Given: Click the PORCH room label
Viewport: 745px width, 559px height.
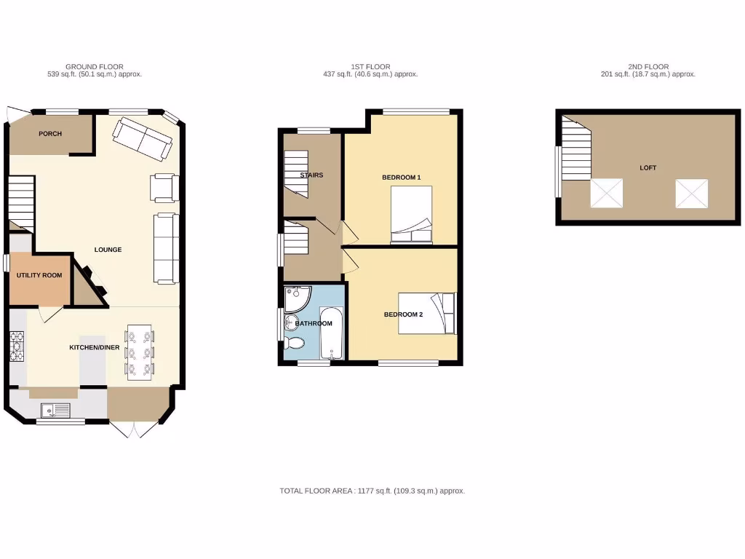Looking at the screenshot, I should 50,134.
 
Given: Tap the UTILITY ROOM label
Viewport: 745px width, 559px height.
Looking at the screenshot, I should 39,276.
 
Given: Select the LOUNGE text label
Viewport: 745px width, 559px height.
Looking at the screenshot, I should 108,250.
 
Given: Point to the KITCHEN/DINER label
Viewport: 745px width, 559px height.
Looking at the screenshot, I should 95,348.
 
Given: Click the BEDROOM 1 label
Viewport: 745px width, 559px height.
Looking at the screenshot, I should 402,178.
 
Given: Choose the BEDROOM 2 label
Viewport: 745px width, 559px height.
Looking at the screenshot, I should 403,314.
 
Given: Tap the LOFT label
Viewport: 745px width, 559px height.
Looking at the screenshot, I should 648,168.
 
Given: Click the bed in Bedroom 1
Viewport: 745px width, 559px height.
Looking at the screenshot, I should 412,214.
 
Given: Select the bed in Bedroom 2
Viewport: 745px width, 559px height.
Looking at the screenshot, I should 427,314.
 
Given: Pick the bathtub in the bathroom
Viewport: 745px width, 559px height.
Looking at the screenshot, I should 331,333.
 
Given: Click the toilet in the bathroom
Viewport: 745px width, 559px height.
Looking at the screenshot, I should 294,342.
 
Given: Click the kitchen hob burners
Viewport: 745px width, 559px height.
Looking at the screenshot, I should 17,346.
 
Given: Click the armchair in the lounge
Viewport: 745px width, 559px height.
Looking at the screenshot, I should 164,187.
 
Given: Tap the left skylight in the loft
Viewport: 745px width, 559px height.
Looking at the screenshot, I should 605,194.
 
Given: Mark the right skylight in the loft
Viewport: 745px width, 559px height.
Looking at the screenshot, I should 691,194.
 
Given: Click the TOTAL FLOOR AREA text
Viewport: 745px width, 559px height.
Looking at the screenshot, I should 372,491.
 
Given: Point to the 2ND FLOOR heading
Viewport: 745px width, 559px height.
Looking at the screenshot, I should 648,67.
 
